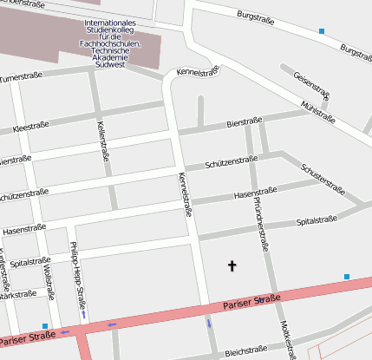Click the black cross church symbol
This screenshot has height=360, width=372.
[232, 265]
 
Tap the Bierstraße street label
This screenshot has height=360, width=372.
[244, 124]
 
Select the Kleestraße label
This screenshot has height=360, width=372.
[30, 127]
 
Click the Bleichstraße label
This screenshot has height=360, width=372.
[245, 351]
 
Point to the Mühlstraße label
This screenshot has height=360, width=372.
[317, 110]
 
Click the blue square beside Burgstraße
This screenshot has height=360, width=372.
[322, 31]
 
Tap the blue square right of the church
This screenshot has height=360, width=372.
[347, 278]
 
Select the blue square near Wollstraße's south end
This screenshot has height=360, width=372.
[45, 326]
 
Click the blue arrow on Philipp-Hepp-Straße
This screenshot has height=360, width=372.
[83, 314]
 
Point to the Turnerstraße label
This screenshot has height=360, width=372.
[21, 78]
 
